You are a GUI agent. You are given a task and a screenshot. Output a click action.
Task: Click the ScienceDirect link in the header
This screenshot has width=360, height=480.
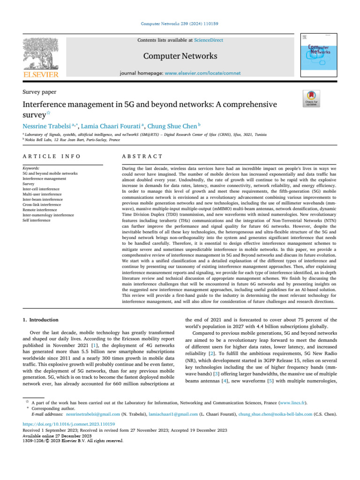click(x=209, y=41)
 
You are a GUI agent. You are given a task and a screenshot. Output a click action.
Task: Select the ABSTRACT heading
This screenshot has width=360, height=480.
click(x=142, y=156)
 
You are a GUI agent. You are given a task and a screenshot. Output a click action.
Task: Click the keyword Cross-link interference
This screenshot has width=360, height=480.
click(x=42, y=204)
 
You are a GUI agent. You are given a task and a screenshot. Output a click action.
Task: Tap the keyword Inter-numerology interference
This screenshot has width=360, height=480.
click(x=48, y=215)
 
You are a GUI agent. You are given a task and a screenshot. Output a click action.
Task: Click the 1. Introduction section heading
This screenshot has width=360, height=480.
click(x=41, y=320)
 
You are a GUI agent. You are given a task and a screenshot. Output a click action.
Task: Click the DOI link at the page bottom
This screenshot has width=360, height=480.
click(x=62, y=424)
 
